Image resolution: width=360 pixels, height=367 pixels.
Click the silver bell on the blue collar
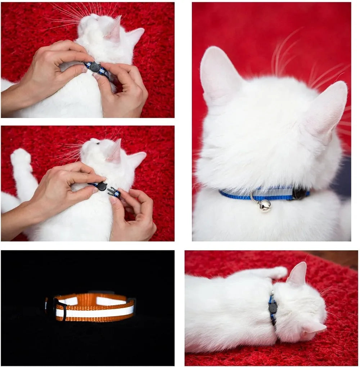(x=265, y=205)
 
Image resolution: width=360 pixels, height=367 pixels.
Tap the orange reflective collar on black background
(x=94, y=308)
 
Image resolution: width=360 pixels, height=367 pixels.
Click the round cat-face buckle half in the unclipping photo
(x=102, y=186)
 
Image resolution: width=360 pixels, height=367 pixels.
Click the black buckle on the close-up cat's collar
(x=300, y=194)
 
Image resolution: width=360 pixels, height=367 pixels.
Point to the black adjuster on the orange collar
(x=60, y=309)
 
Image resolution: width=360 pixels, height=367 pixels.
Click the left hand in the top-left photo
(x=47, y=72)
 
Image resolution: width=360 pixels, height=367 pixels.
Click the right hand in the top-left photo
(x=124, y=90)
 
